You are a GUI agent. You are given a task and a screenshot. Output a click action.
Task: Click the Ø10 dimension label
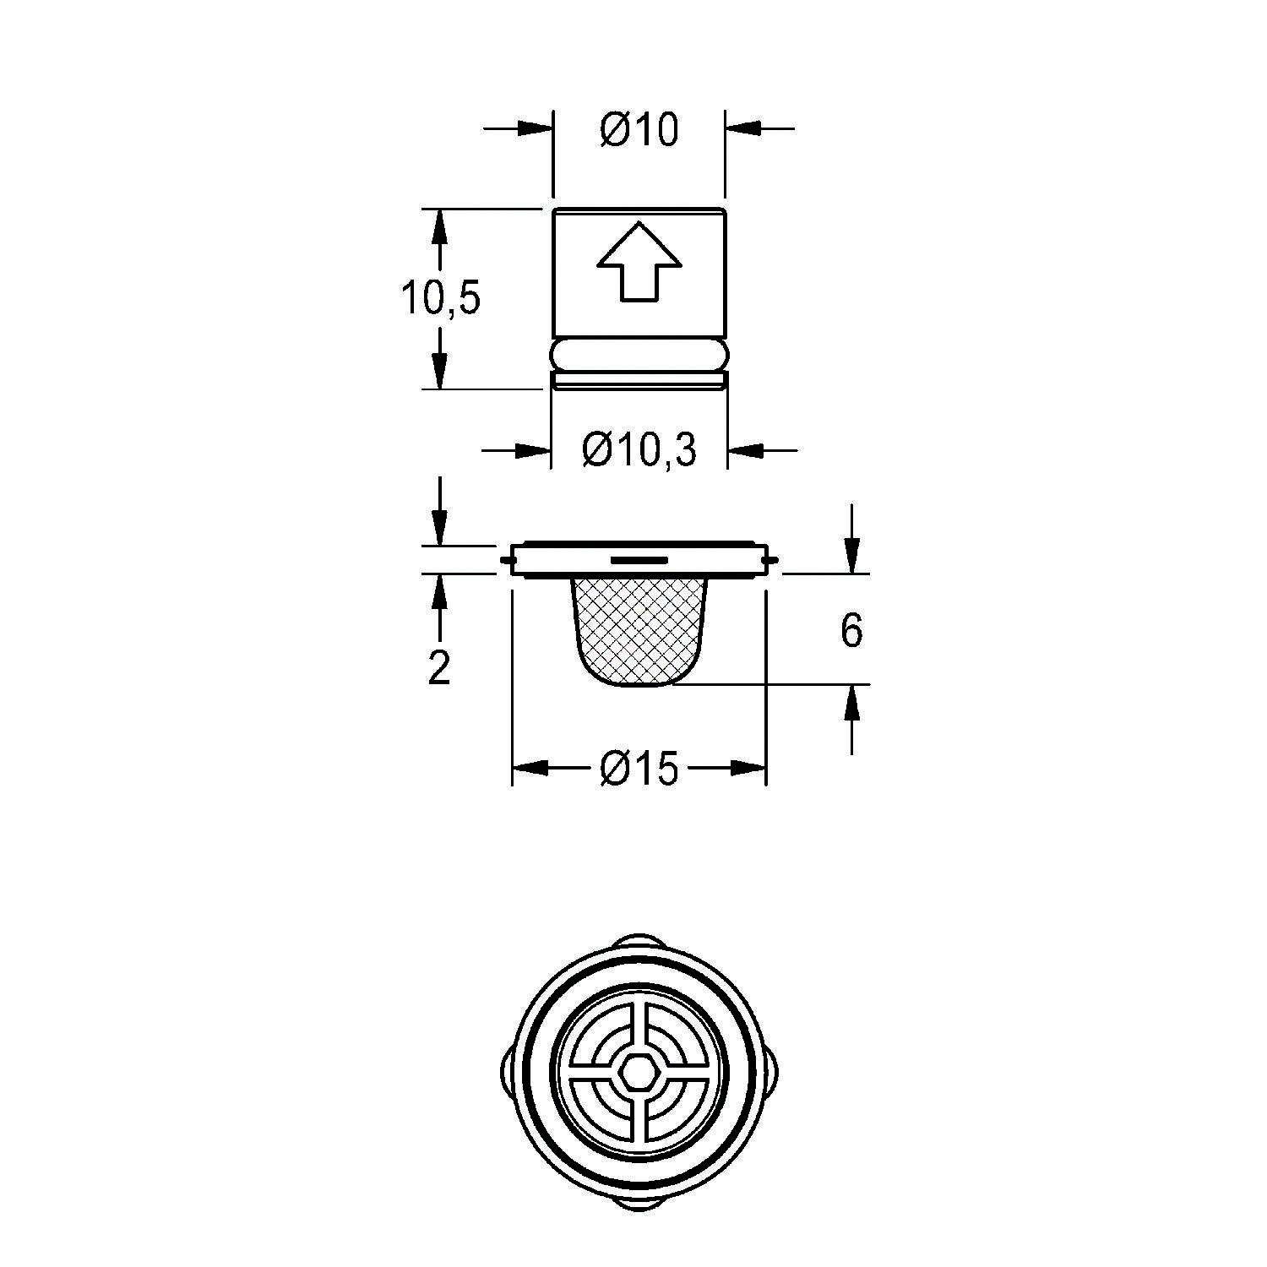coord(639,131)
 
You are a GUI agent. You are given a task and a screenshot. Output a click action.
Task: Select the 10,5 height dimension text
coord(439,299)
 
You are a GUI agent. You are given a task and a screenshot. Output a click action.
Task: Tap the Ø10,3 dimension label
coord(639,451)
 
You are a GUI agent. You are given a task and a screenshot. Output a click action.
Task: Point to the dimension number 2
coord(438,668)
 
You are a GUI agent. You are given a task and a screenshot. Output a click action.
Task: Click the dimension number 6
coord(851,631)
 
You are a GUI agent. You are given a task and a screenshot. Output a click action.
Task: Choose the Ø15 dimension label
coord(639,769)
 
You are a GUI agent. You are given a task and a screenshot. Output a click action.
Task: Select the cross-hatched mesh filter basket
coord(639,629)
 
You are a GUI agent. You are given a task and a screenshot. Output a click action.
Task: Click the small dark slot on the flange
coord(639,559)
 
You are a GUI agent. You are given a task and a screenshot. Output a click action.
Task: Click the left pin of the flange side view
coord(505,559)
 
